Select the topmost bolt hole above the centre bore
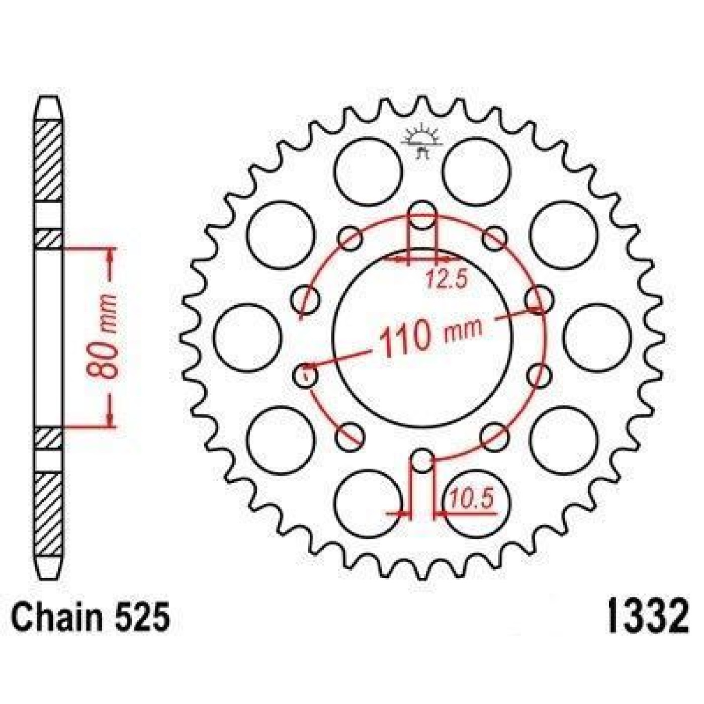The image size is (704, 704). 422,215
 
